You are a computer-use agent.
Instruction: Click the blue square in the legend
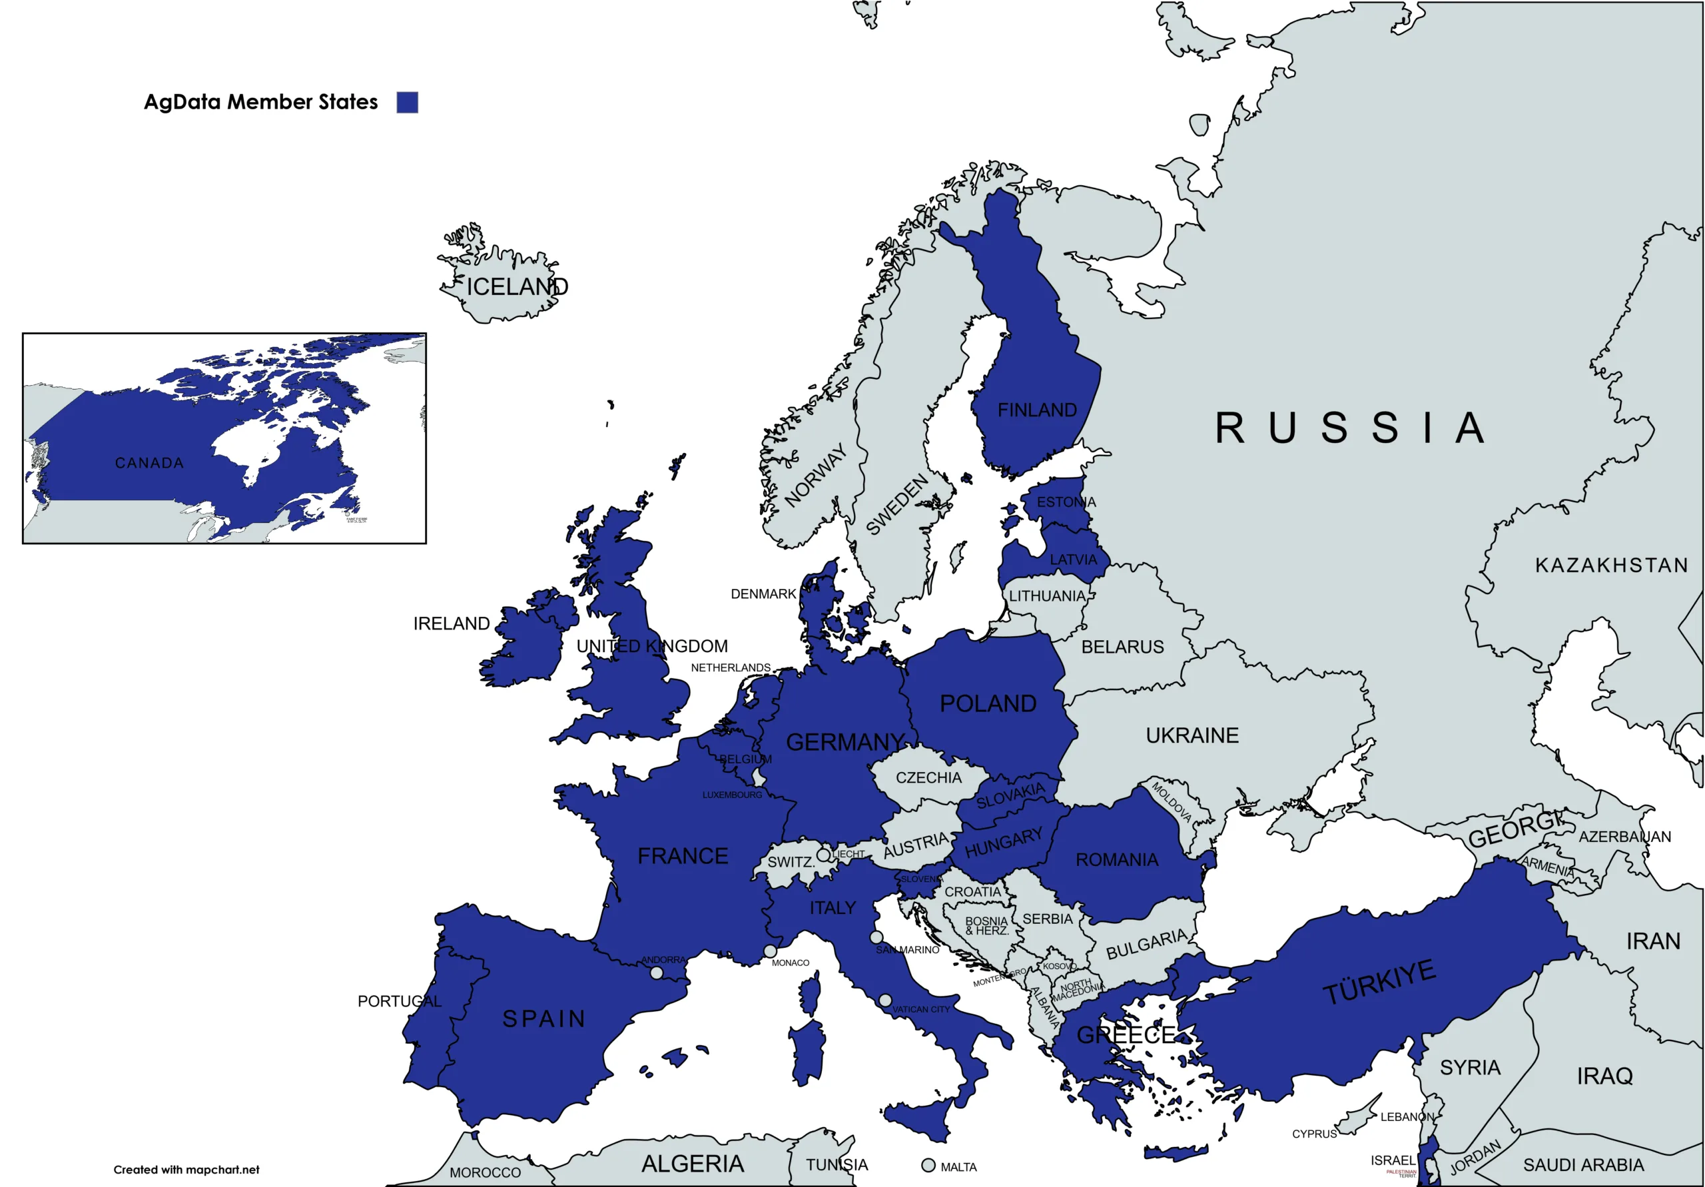[407, 103]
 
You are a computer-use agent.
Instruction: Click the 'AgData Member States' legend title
[260, 102]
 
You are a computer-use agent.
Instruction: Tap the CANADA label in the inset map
[149, 463]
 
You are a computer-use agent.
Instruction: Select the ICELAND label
[517, 286]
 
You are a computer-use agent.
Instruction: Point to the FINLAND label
[1037, 410]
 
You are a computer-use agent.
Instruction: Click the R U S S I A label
[1349, 428]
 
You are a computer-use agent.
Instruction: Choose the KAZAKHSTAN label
[1612, 566]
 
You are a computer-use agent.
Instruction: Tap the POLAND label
[988, 703]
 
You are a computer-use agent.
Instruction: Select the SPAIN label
[544, 1018]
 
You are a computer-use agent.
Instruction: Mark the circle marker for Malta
[928, 1166]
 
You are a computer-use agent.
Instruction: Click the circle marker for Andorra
[657, 973]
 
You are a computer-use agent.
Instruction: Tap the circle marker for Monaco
[770, 951]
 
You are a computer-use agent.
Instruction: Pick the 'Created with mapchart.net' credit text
[186, 1169]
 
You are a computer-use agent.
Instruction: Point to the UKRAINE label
[1192, 735]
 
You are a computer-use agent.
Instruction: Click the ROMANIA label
[1117, 859]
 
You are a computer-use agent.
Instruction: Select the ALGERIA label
[692, 1163]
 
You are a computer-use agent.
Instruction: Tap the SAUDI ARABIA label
[1583, 1165]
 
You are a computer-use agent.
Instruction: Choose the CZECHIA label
[928, 778]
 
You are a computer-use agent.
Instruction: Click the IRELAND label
[452, 623]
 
